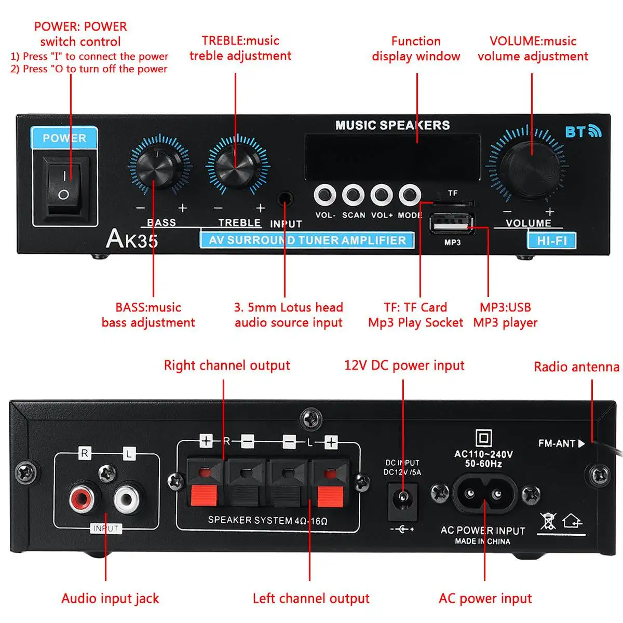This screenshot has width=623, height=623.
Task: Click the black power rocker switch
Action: pyautogui.click(x=64, y=187)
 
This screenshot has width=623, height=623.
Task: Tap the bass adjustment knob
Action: pyautogui.click(x=159, y=165)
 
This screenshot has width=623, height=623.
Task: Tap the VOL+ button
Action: pyautogui.click(x=381, y=195)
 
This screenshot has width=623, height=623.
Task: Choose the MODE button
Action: pyautogui.click(x=410, y=195)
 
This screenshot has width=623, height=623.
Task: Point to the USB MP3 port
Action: pyautogui.click(x=452, y=223)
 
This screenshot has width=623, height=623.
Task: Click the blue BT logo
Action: pyautogui.click(x=583, y=131)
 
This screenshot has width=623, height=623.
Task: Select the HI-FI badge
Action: pyautogui.click(x=552, y=241)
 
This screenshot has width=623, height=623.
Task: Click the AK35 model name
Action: pyautogui.click(x=132, y=239)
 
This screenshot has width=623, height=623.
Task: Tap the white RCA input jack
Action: pyautogui.click(x=127, y=499)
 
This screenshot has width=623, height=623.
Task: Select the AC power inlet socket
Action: pyautogui.click(x=484, y=493)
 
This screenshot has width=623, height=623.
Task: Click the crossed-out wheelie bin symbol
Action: pyautogui.click(x=548, y=521)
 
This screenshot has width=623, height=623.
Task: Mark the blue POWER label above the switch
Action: pyautogui.click(x=64, y=138)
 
